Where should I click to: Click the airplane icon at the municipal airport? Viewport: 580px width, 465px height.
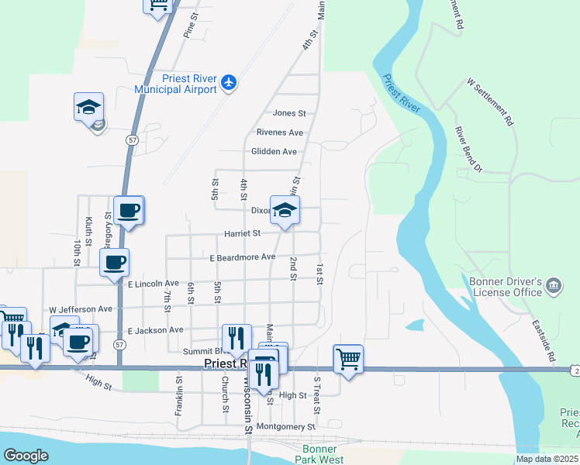click(228, 81)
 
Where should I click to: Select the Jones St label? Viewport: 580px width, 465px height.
click(289, 113)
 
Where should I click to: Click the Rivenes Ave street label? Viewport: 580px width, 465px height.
click(279, 133)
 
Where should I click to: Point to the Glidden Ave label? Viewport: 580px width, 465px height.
click(274, 151)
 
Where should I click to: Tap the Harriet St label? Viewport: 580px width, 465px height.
click(242, 232)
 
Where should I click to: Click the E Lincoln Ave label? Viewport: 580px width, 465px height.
click(154, 284)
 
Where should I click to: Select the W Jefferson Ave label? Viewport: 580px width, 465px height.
click(81, 308)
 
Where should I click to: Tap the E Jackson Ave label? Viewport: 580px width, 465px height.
click(155, 329)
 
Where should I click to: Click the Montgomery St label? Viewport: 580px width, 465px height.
click(286, 426)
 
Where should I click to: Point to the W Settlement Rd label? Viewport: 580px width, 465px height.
click(490, 102)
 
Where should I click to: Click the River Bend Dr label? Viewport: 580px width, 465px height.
click(468, 150)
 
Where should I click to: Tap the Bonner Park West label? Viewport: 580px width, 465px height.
click(319, 454)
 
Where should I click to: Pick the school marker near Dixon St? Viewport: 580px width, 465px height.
click(285, 209)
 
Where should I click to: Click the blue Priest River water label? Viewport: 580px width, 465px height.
click(401, 92)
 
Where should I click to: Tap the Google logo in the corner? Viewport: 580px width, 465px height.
click(26, 456)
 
